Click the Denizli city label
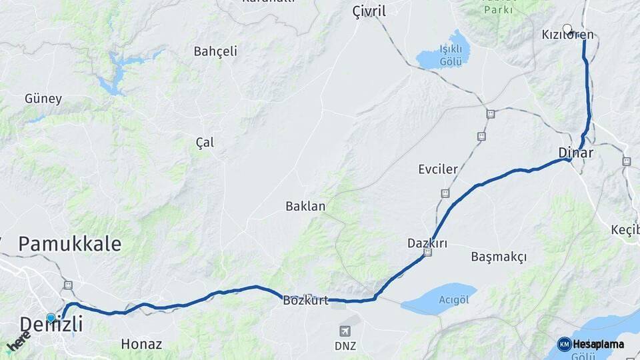pyautogui.click(x=51, y=325)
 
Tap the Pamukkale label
pyautogui.click(x=70, y=244)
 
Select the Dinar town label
pyautogui.click(x=575, y=153)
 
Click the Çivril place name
pyautogui.click(x=369, y=11)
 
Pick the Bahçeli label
pyautogui.click(x=215, y=51)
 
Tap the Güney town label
pyautogui.click(x=43, y=99)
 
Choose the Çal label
pyautogui.click(x=205, y=142)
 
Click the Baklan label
pyautogui.click(x=305, y=206)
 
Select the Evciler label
pyautogui.click(x=438, y=169)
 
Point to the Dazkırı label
pyautogui.click(x=427, y=243)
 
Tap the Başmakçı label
pyautogui.click(x=499, y=257)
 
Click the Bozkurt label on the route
pyautogui.click(x=306, y=301)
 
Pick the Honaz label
pyautogui.click(x=141, y=345)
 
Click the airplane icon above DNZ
pyautogui.click(x=345, y=331)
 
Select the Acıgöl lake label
pyautogui.click(x=454, y=300)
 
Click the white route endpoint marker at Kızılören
pyautogui.click(x=567, y=28)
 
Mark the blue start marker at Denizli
pyautogui.click(x=51, y=318)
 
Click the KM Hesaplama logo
pyautogui.click(x=591, y=344)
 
